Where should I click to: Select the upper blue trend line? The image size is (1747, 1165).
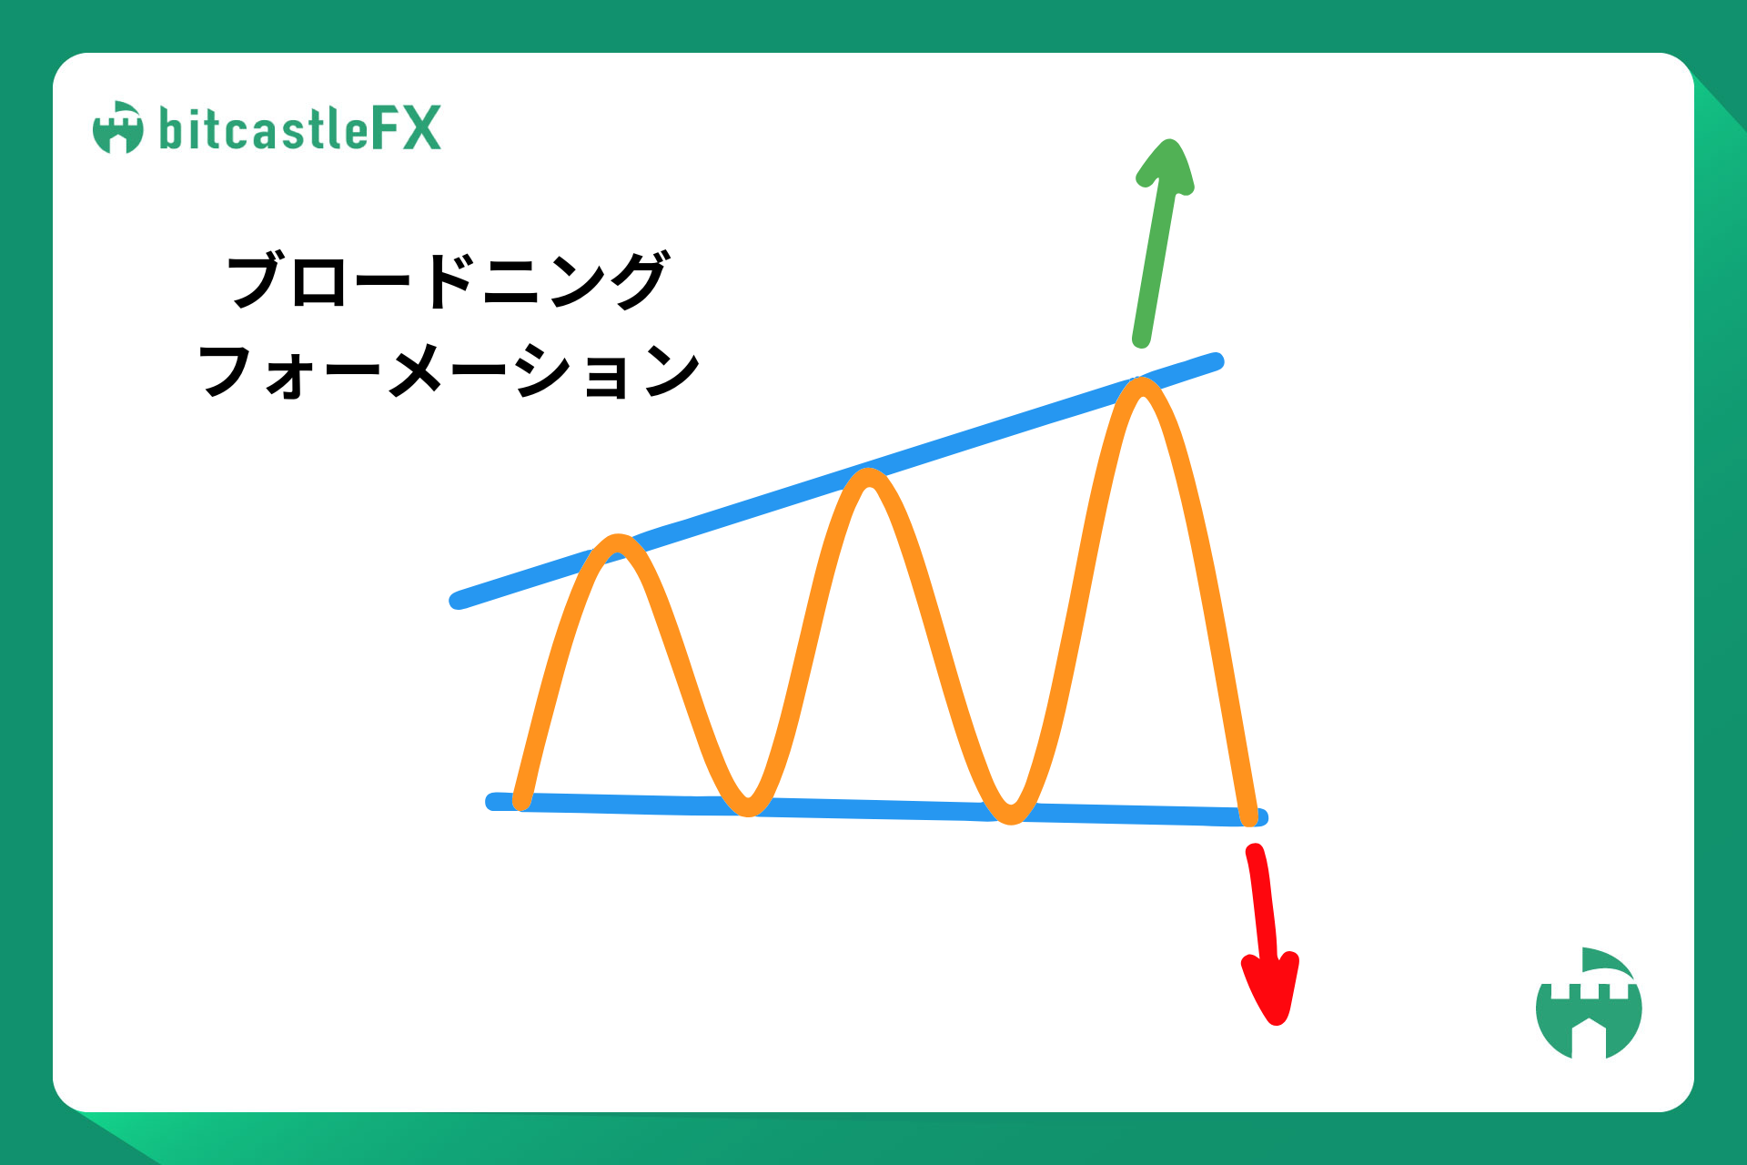pos(837,481)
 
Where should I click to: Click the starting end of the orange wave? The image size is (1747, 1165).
pos(522,802)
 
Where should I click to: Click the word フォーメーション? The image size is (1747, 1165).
pos(449,370)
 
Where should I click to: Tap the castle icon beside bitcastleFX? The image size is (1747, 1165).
pos(118,127)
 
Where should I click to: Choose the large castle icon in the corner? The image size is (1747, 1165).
pos(1589,1003)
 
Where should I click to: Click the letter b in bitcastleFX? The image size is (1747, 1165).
pos(170,128)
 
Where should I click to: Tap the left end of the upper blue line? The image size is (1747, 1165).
pos(458,601)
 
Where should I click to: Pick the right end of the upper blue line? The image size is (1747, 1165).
pos(1217,360)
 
